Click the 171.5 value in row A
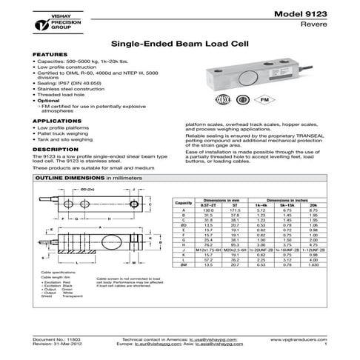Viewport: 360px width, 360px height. pos(236,210)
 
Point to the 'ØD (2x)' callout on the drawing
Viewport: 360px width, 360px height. pos(87,192)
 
